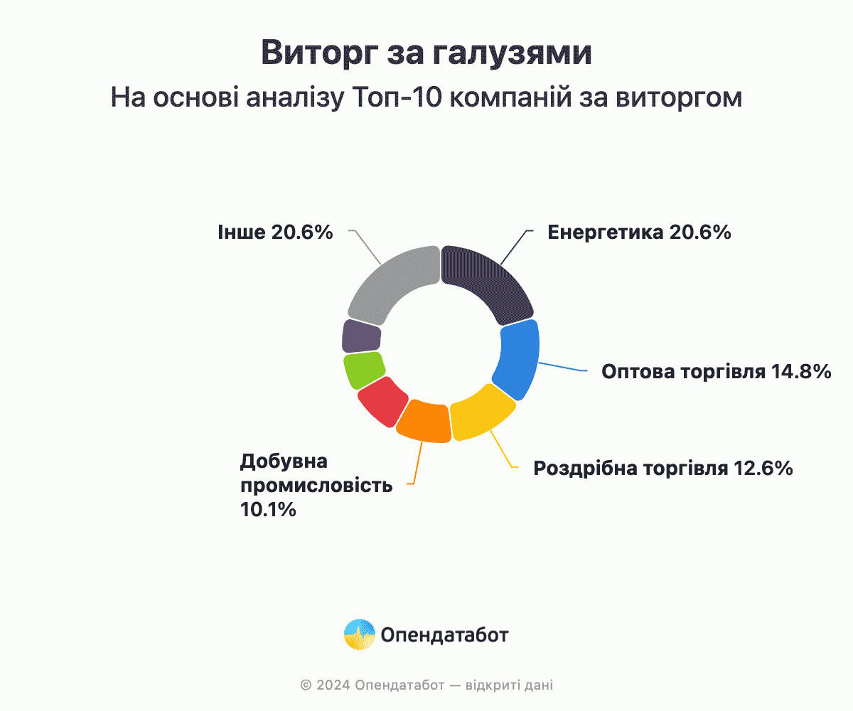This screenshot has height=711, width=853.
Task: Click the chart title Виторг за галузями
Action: click(426, 53)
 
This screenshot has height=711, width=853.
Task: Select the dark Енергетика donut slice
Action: click(490, 282)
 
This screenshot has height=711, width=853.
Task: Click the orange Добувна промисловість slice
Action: click(425, 422)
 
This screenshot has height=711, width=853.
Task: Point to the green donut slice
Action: click(363, 370)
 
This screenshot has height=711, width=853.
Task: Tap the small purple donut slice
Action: click(361, 336)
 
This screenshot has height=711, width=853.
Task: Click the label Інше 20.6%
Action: click(275, 232)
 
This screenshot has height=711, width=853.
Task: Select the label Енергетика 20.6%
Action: click(639, 232)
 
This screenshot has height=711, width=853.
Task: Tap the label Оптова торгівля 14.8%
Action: click(716, 371)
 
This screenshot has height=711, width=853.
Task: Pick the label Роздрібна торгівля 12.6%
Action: click(663, 469)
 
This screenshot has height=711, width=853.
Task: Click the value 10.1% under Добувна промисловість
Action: click(268, 510)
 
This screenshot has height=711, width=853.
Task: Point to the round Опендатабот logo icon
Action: click(360, 634)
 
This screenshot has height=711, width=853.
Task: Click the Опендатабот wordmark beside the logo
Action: click(444, 635)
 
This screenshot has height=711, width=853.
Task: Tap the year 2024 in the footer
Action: click(333, 685)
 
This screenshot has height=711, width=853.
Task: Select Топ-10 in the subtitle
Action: click(397, 97)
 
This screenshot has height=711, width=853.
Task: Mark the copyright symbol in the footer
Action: click(306, 685)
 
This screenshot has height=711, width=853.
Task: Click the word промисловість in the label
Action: click(316, 486)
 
